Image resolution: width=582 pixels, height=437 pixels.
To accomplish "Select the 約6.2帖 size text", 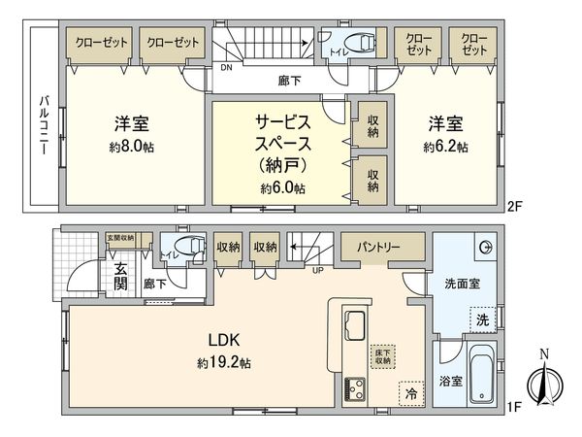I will [x=445, y=148].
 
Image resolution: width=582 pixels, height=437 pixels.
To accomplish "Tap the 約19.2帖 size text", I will [x=226, y=362].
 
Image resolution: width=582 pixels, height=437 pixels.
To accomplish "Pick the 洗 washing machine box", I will [x=482, y=319].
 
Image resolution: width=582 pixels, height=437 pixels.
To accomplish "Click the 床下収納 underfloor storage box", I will [x=382, y=355].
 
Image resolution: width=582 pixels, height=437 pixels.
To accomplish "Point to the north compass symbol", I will [x=543, y=381].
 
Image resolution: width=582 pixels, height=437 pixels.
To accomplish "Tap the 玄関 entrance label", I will [x=120, y=277].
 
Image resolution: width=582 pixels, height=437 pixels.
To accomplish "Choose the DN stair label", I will [x=225, y=69].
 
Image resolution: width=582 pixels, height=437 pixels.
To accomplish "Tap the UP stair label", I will [x=316, y=269].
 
